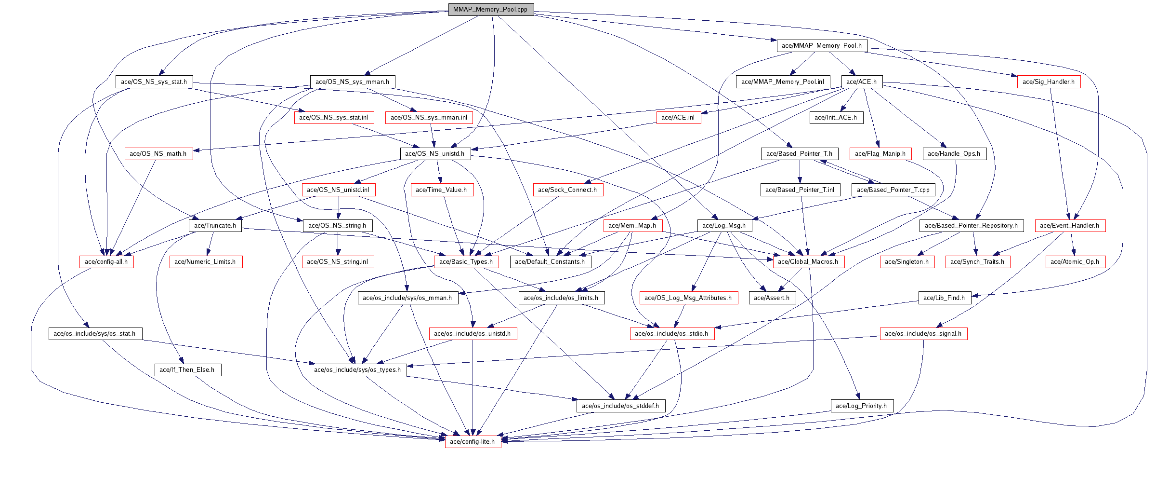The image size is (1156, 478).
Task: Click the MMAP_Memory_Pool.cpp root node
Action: click(490, 10)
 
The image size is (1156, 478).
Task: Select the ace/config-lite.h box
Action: click(473, 442)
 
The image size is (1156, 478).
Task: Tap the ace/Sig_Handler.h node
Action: click(1048, 82)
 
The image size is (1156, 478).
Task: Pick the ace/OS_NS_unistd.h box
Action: click(434, 154)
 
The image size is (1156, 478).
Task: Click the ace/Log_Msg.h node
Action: click(723, 226)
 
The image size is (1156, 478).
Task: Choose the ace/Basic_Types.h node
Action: click(466, 262)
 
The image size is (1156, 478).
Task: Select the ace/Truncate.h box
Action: click(215, 226)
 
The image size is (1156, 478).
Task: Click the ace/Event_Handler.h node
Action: click(1069, 226)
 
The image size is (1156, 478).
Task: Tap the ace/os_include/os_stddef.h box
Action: click(620, 406)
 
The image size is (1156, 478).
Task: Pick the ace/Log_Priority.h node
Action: click(861, 406)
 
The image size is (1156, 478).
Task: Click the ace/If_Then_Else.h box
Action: click(187, 370)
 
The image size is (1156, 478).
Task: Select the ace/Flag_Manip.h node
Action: click(880, 154)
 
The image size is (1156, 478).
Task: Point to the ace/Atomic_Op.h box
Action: click(1075, 262)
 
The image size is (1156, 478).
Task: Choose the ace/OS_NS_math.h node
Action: click(158, 154)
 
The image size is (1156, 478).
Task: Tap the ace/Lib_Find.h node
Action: click(944, 298)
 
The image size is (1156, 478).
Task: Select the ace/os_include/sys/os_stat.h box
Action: click(94, 334)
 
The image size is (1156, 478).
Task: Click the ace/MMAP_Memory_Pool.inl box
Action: click(782, 82)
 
